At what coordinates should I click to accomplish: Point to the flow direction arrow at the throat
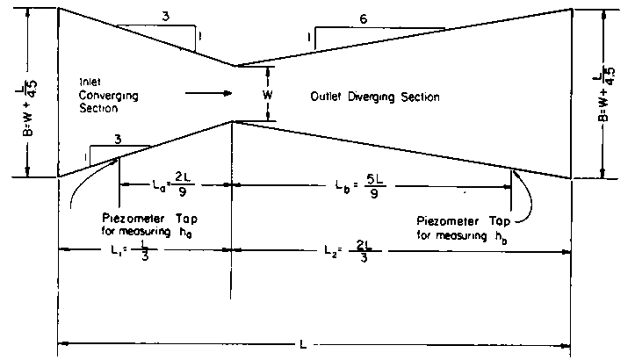click(209, 90)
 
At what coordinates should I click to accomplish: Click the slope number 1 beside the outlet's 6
click(308, 38)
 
